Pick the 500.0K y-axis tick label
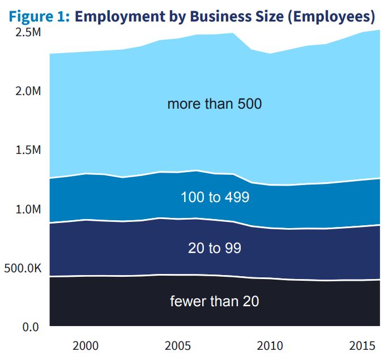click(x=23, y=268)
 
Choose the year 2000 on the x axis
click(x=86, y=345)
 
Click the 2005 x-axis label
click(x=178, y=345)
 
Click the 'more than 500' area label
click(x=214, y=104)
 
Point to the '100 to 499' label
click(x=215, y=198)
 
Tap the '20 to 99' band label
click(x=215, y=248)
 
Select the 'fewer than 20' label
click(x=214, y=301)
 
